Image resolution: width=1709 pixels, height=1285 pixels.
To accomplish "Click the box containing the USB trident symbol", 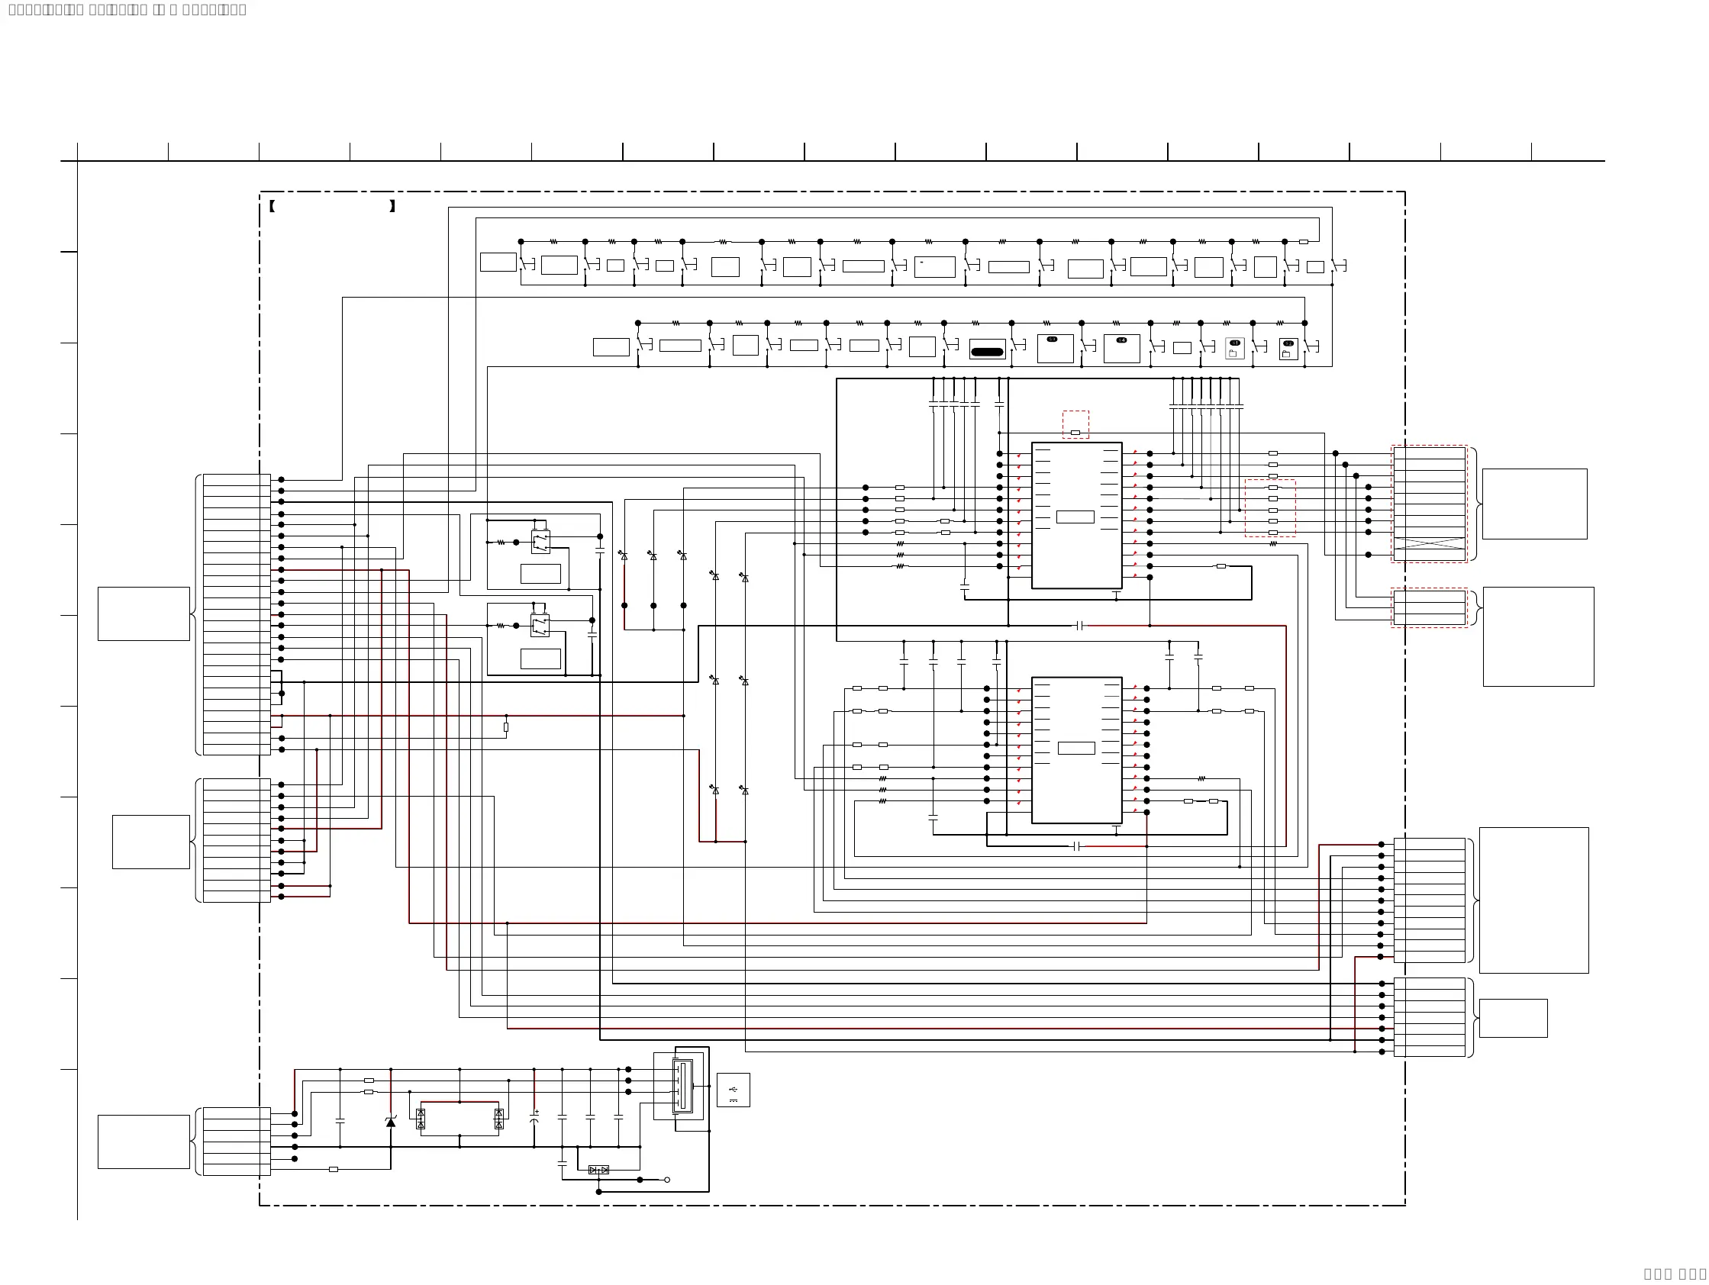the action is tap(733, 1090).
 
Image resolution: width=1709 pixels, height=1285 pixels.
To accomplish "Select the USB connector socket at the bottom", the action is tap(682, 1086).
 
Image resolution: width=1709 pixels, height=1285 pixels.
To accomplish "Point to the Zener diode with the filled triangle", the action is tap(391, 1120).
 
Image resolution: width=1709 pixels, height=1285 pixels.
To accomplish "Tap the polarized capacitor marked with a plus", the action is tap(534, 1117).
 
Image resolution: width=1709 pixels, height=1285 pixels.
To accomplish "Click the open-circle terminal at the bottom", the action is tap(668, 1180).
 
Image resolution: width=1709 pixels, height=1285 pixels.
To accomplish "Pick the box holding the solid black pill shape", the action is tap(988, 349).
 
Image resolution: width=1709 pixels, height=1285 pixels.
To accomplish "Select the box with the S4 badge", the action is tap(1122, 348).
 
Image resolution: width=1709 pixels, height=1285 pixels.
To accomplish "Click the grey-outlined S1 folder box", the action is tap(1235, 348).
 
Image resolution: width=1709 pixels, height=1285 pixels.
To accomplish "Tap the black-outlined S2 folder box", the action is tap(1288, 349).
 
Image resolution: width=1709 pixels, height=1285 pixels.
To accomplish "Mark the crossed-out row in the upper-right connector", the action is tap(1430, 543).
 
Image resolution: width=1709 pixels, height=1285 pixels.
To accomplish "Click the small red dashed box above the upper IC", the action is tap(1075, 425).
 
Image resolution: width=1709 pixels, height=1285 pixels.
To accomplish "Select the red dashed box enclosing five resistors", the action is tap(1270, 508).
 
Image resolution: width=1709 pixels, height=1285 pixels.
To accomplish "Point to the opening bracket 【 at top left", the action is tap(272, 206).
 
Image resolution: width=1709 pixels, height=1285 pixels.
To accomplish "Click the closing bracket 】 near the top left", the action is tap(392, 206).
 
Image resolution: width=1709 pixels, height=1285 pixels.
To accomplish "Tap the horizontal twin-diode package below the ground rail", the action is tap(598, 1170).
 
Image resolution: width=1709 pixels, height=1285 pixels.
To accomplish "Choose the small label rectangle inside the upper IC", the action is tap(1075, 517).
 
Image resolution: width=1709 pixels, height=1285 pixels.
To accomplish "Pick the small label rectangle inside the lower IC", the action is tap(1075, 749).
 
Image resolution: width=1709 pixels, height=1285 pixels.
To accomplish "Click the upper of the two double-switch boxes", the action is tap(541, 541).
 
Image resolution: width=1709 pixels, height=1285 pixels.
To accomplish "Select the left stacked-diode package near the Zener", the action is tap(421, 1119).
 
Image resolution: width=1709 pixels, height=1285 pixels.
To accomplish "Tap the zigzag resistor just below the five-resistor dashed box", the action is tap(1273, 543).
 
